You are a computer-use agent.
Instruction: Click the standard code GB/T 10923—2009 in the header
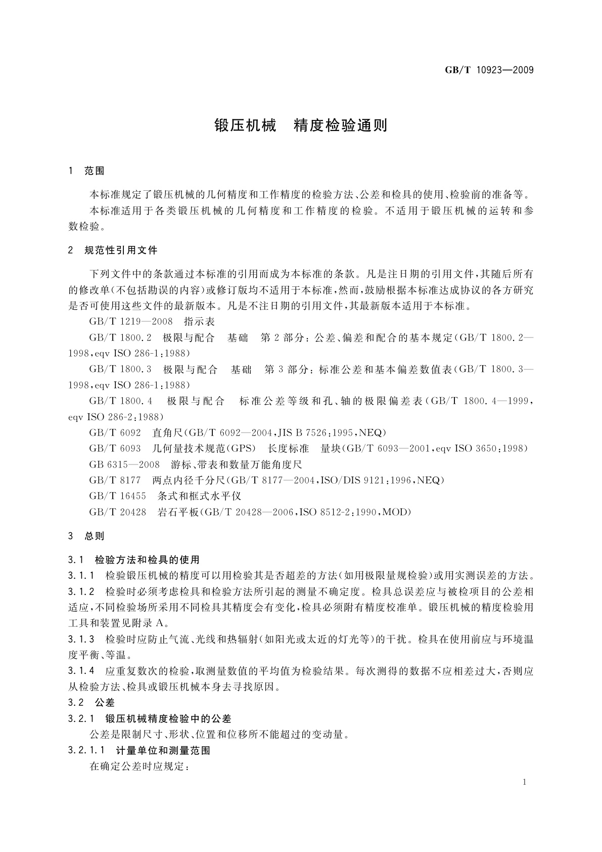click(x=489, y=70)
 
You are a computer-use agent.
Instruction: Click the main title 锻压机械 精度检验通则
click(x=301, y=125)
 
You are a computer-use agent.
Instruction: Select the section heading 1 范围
click(x=86, y=171)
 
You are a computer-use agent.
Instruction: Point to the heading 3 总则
click(x=86, y=536)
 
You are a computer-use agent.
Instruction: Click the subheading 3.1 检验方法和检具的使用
click(x=134, y=560)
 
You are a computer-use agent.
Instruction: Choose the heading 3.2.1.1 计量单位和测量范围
click(x=139, y=750)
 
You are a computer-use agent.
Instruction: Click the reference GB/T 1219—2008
click(x=131, y=322)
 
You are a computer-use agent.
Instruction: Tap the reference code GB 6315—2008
click(x=124, y=464)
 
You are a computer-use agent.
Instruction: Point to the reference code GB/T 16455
click(x=118, y=496)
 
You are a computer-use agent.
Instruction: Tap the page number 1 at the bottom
click(x=525, y=782)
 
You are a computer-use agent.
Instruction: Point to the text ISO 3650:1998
click(x=491, y=449)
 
